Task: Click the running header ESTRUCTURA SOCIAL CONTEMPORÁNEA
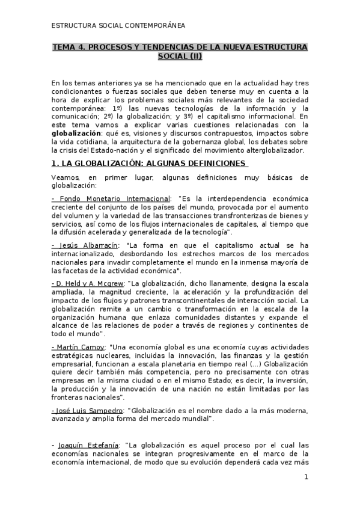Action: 118,26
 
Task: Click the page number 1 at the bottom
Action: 306,478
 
